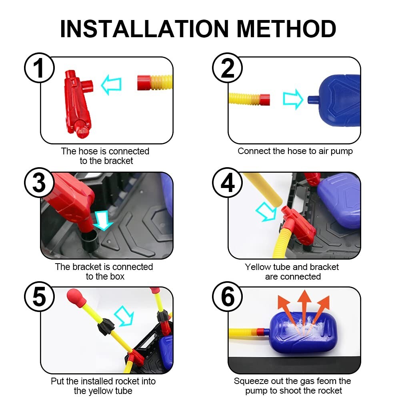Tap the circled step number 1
(x=39, y=68)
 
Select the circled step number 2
(x=227, y=68)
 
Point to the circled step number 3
(x=39, y=183)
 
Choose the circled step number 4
(x=227, y=183)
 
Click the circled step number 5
(x=39, y=297)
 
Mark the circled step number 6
(x=227, y=297)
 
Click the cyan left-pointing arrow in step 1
(x=111, y=85)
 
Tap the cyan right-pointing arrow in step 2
(x=293, y=99)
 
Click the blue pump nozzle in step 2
(x=313, y=100)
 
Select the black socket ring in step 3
(x=90, y=240)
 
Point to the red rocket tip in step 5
(x=75, y=296)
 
